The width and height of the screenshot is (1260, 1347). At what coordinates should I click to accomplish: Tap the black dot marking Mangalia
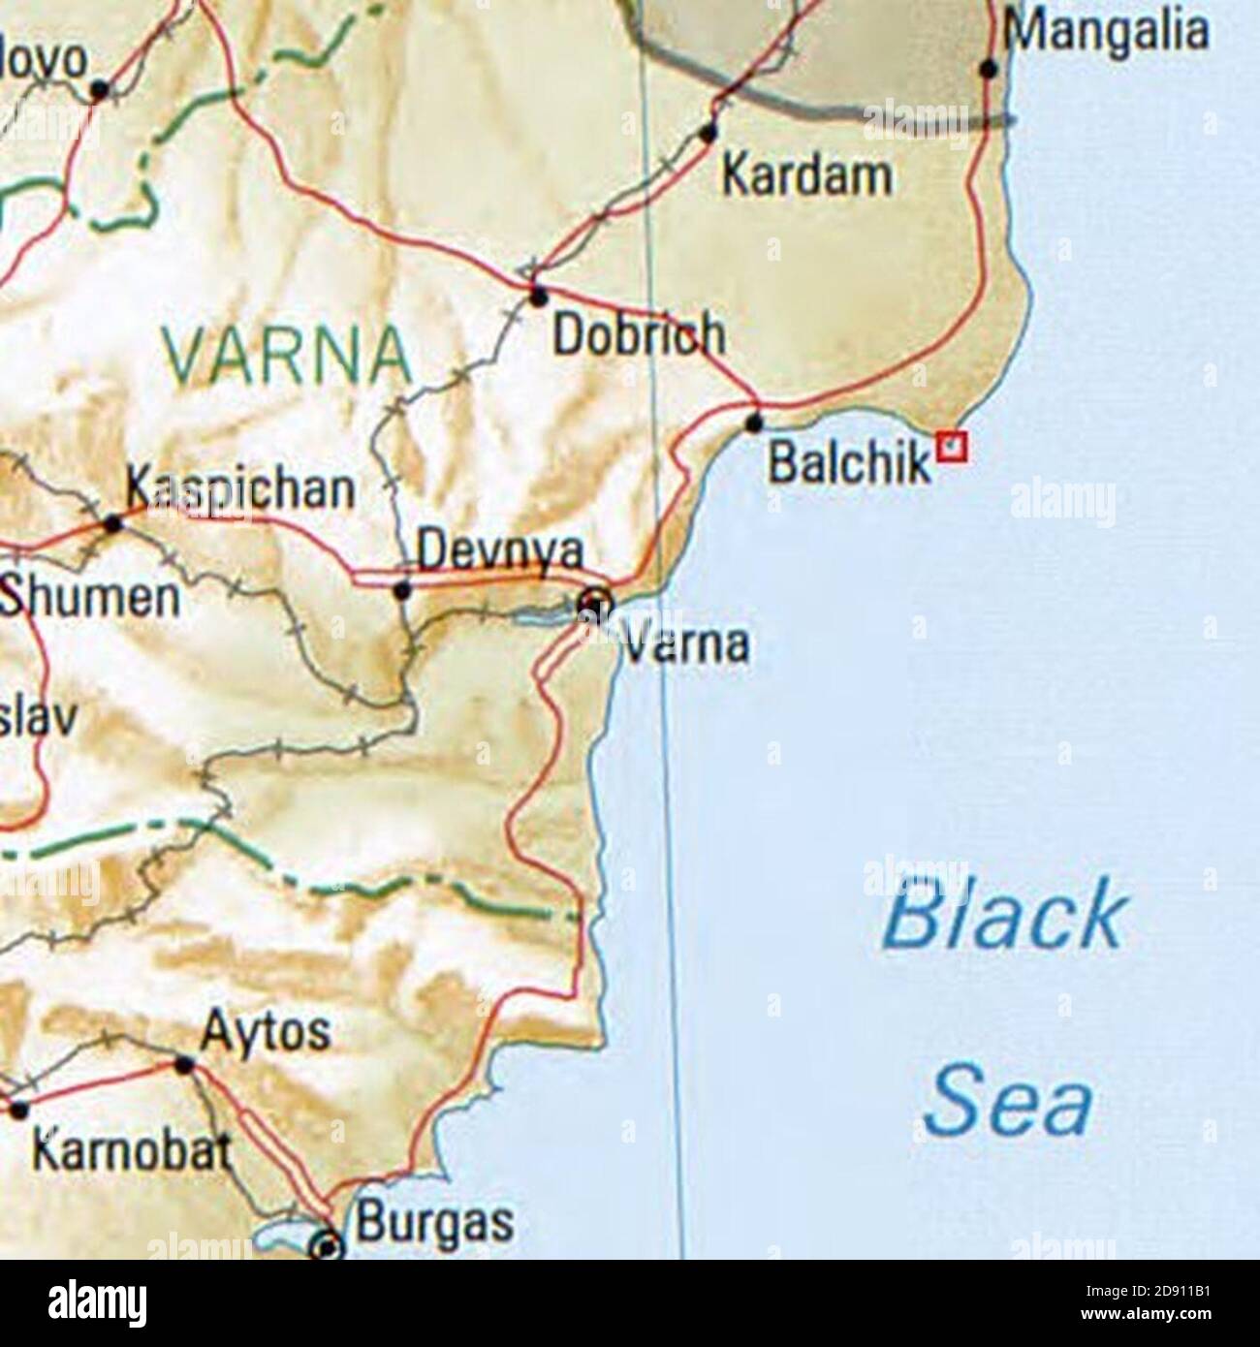pos(989,69)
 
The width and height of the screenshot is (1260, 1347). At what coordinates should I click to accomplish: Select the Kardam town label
pos(806,175)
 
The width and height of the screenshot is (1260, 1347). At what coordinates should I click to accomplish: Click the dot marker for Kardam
pos(709,131)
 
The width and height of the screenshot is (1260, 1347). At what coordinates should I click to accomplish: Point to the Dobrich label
pos(638,334)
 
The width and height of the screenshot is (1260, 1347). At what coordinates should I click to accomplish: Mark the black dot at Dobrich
pos(538,296)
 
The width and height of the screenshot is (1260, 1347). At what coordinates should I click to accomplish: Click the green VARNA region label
pos(287,355)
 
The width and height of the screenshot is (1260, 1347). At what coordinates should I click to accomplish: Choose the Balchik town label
pos(849,464)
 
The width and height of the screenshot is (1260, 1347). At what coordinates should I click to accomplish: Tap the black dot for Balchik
pos(754,423)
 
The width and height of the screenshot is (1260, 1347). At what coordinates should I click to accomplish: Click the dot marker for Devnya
pos(403,589)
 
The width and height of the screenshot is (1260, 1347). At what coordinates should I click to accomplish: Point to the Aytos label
pos(266,1033)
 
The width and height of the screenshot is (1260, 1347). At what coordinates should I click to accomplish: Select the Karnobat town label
pos(132,1150)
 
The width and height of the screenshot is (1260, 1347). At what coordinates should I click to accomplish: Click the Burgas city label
pos(434,1221)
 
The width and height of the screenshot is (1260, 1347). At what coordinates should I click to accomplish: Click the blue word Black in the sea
pos(1005,916)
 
